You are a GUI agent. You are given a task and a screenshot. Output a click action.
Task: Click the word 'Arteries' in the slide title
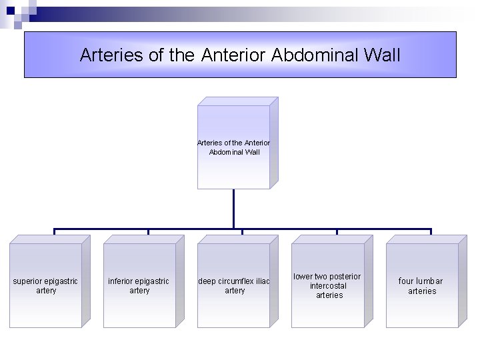click(111, 55)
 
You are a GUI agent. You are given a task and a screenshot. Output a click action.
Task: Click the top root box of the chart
click(234, 147)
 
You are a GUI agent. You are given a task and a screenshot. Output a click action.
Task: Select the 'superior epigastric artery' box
click(45, 285)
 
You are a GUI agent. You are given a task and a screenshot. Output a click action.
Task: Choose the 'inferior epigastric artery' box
click(139, 285)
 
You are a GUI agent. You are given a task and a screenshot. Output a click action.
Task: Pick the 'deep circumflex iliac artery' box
click(234, 285)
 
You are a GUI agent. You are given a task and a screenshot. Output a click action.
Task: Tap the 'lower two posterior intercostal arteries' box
click(327, 285)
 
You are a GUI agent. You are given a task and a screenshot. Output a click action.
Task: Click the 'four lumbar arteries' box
click(421, 285)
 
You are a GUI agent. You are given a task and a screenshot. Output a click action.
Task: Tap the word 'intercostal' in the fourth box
click(327, 286)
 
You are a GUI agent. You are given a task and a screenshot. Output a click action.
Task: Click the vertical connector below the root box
click(234, 209)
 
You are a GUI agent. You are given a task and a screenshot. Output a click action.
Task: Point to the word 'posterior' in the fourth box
click(345, 277)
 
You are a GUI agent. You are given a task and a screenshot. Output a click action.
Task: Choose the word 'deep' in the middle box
click(207, 281)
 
